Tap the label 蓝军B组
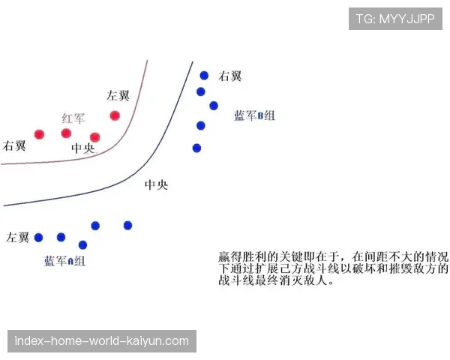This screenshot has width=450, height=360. point(254,115)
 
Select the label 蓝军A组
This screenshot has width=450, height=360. point(64,261)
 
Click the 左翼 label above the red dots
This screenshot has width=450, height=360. point(118,95)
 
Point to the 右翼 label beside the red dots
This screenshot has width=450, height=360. point(15,145)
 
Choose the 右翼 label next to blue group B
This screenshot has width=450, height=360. point(229,76)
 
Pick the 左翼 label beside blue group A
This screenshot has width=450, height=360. point(18,238)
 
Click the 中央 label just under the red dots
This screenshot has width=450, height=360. point(83,148)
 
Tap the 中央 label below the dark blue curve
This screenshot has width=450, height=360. point(156,184)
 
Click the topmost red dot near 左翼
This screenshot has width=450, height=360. point(115,115)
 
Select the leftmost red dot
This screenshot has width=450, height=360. point(39,134)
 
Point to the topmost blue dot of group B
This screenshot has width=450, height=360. point(204,75)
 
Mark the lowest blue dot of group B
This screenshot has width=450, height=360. point(196,148)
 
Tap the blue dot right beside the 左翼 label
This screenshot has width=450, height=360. point(38,238)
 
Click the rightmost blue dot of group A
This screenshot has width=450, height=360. point(127,225)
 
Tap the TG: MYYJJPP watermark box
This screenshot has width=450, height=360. point(395,18)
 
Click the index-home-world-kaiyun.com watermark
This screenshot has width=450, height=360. point(102,341)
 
